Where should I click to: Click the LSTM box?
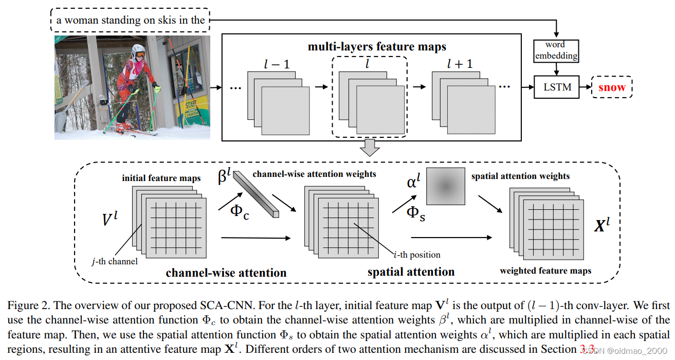557,87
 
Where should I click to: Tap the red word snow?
612,87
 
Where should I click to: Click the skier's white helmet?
138,52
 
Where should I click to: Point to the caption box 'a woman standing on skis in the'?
131,21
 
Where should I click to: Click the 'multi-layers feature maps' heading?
377,47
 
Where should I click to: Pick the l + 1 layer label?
459,64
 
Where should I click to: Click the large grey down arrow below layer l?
369,148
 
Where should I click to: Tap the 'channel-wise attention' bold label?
226,272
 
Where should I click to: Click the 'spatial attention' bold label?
411,271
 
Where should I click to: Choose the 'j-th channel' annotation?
115,261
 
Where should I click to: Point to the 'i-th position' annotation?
416,255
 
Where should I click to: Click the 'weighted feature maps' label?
545,271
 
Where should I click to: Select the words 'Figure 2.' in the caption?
25,305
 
